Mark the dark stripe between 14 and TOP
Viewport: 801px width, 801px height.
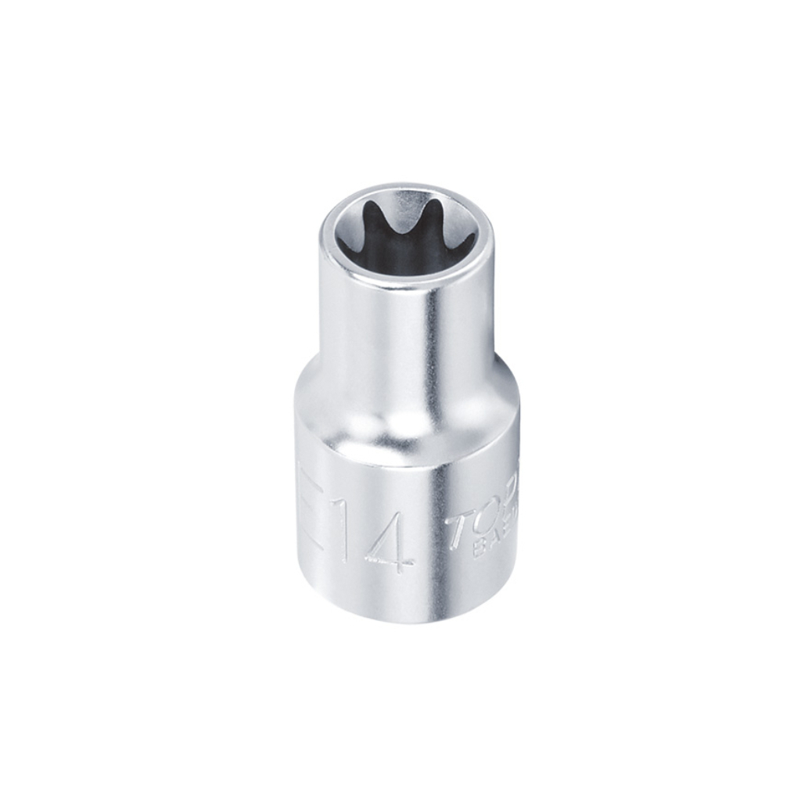click(x=435, y=540)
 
